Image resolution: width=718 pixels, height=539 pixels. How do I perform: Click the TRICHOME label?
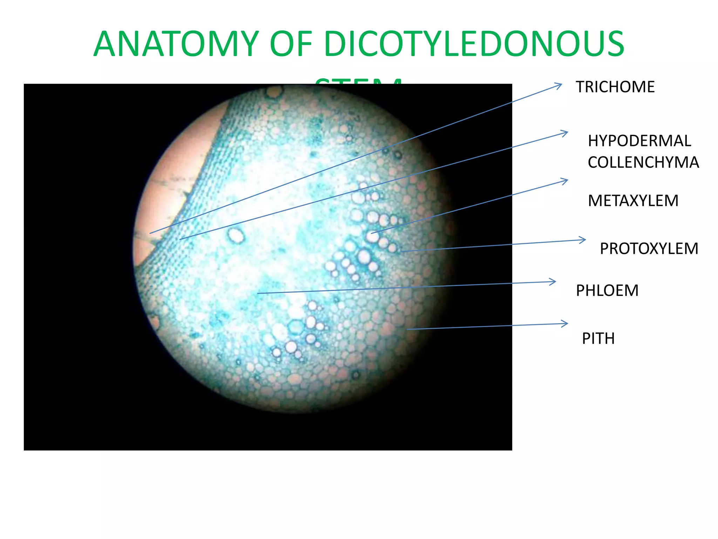coord(615,87)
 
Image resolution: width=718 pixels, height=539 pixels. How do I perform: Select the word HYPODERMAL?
coord(639,141)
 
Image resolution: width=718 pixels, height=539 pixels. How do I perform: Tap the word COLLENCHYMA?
coord(643,162)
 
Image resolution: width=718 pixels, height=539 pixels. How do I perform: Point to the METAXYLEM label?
coord(633,201)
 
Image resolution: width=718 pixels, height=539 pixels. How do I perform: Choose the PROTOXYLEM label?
coord(649,248)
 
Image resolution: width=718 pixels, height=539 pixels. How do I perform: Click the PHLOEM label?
coord(607,291)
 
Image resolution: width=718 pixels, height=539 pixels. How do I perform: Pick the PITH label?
coord(598,339)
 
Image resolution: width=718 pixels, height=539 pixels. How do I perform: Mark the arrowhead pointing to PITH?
coord(566,324)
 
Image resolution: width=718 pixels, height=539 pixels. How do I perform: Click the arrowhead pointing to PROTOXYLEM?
coord(584,240)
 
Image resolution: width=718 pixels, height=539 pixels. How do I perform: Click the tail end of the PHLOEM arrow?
coord(258,293)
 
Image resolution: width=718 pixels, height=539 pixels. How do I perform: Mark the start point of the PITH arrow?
coord(408,329)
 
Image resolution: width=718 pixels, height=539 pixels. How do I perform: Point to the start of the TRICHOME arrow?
coord(150,233)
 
